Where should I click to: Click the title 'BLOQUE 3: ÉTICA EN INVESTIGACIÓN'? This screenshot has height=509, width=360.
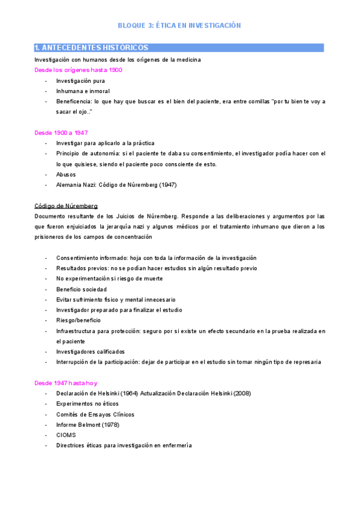click(x=179, y=26)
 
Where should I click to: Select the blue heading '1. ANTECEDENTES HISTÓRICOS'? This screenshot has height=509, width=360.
click(x=92, y=47)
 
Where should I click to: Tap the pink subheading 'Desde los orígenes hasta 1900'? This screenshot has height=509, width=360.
click(x=78, y=70)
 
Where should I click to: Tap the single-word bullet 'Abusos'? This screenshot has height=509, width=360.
click(x=66, y=174)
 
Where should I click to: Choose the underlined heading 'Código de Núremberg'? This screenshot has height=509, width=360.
click(x=66, y=205)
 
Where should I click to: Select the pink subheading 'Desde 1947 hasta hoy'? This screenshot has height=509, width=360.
click(x=66, y=383)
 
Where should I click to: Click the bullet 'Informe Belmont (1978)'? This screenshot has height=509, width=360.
click(x=88, y=424)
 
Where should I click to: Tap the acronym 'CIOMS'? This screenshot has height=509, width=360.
click(x=66, y=435)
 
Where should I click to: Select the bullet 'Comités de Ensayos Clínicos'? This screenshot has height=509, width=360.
click(x=95, y=414)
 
